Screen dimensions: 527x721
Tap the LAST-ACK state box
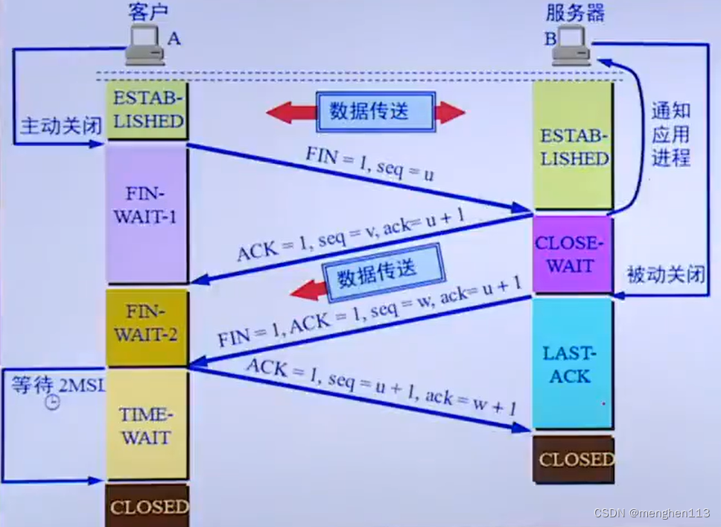point(571,365)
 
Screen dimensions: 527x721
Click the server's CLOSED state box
point(574,459)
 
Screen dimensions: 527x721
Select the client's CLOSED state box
point(147,506)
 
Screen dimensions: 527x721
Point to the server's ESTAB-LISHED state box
point(574,148)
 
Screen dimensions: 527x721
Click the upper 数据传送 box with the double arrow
point(369,112)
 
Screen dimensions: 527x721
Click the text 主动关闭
point(60,125)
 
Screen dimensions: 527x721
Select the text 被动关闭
point(665,275)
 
